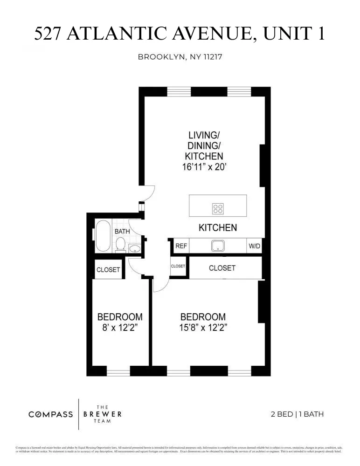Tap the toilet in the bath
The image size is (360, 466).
(120, 245)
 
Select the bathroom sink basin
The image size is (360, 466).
(135, 248)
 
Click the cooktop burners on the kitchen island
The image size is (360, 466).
(218, 209)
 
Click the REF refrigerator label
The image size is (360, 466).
(181, 246)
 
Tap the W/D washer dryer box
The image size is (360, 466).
(254, 246)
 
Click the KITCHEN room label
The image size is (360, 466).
(218, 228)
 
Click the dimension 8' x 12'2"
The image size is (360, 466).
(120, 327)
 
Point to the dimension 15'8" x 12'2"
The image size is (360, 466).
(203, 327)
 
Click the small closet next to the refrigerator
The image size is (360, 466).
(178, 267)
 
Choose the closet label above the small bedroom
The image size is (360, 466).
(108, 269)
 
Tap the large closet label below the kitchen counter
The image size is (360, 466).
(222, 268)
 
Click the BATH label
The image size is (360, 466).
(122, 231)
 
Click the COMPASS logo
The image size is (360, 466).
(50, 414)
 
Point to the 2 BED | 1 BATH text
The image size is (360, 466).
(297, 414)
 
